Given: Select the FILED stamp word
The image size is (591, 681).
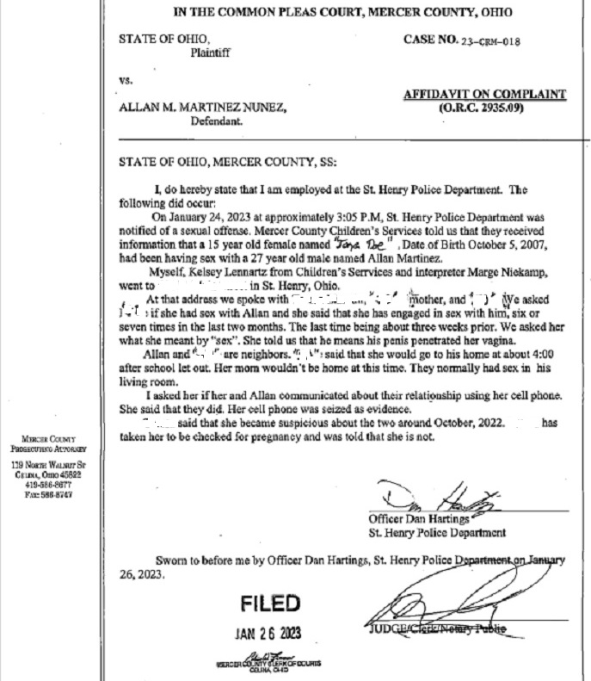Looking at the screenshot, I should (x=270, y=602).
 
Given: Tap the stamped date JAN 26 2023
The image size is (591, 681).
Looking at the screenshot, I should (x=269, y=632).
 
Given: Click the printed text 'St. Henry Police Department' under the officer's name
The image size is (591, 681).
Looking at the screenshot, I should (x=437, y=533).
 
